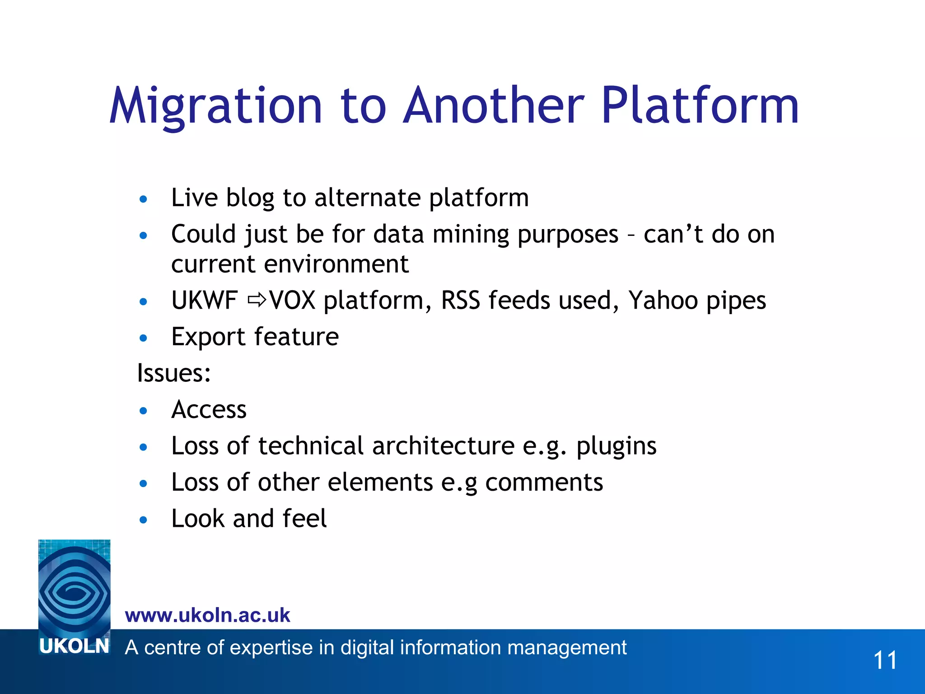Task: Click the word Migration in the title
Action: pyautogui.click(x=216, y=106)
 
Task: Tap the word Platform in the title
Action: pyautogui.click(x=700, y=106)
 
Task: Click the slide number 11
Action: pyautogui.click(x=885, y=660)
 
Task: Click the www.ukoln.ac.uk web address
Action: pyautogui.click(x=207, y=615)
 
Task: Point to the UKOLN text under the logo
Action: pyautogui.click(x=75, y=647)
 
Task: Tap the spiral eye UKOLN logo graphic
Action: pyautogui.click(x=75, y=587)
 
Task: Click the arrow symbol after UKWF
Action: pyautogui.click(x=257, y=300)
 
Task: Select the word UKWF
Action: pyautogui.click(x=205, y=300)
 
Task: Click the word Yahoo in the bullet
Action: pyautogui.click(x=663, y=300)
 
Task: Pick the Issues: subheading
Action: pyautogui.click(x=174, y=373)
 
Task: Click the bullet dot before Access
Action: pyautogui.click(x=144, y=411)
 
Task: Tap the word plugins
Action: pyautogui.click(x=616, y=446)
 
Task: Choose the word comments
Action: pyautogui.click(x=544, y=482)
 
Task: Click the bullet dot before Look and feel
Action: pyautogui.click(x=144, y=520)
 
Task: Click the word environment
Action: pyautogui.click(x=336, y=264)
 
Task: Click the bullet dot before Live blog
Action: pyautogui.click(x=144, y=199)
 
